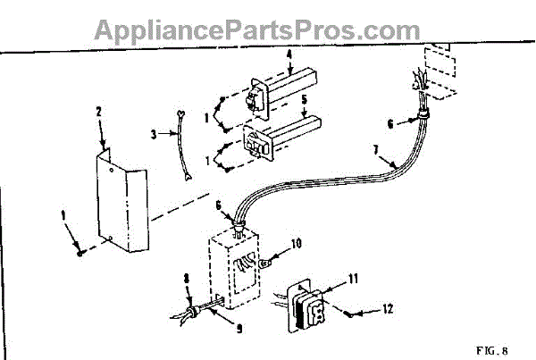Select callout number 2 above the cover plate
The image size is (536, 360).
[x=98, y=113]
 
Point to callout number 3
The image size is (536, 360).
[x=153, y=136]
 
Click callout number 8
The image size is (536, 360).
[x=186, y=278]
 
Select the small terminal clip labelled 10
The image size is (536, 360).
[x=267, y=263]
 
